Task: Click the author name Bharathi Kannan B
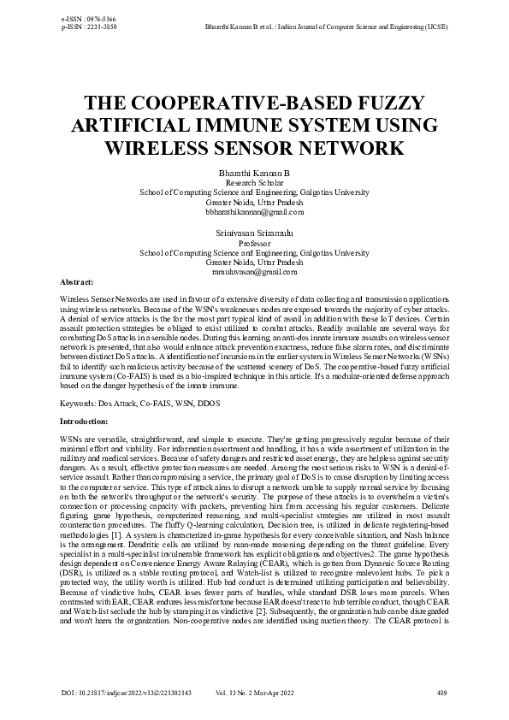[x=254, y=173]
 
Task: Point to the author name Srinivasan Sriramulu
[x=254, y=233]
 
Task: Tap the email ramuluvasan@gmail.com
[x=254, y=271]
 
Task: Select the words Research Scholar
[x=254, y=183]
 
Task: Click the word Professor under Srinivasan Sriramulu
[x=254, y=243]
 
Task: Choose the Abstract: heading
[x=76, y=281]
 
